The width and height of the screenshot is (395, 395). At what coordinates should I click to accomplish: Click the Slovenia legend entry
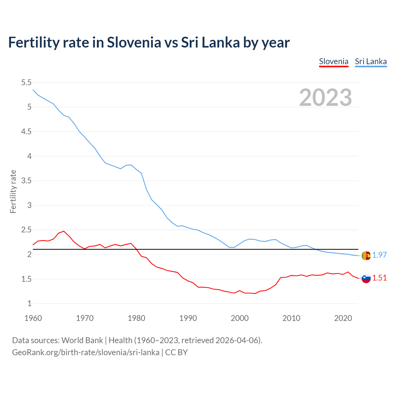[x=334, y=61]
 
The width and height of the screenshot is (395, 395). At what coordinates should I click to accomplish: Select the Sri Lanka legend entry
[x=371, y=61]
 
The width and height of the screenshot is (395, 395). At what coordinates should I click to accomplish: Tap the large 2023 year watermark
[x=326, y=98]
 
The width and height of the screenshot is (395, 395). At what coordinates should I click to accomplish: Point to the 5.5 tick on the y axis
[x=26, y=82]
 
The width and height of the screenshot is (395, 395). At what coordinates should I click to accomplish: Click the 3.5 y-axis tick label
[x=26, y=181]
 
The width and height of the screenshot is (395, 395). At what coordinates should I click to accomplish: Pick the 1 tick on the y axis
[x=29, y=303]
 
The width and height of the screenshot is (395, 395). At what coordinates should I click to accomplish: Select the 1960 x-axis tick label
[x=33, y=318]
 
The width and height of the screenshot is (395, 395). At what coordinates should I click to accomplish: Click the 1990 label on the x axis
[x=188, y=318]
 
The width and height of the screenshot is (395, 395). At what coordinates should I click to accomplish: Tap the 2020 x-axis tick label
[x=343, y=318]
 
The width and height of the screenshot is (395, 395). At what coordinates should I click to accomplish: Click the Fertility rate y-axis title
[x=13, y=191]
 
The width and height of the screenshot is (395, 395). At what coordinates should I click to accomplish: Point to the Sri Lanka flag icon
[x=366, y=256]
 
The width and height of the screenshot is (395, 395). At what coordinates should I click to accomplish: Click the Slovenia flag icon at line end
[x=366, y=278]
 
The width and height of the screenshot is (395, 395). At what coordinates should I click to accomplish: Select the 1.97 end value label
[x=379, y=255]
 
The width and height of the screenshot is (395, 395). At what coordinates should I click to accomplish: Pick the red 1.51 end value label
[x=379, y=278]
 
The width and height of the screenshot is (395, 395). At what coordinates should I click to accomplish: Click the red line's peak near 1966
[x=64, y=231]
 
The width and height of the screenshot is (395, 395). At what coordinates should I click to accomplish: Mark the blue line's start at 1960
[x=33, y=90]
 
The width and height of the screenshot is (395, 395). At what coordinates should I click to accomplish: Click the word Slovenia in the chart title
[x=134, y=42]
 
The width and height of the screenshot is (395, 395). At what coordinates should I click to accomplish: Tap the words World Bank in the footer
[x=82, y=340]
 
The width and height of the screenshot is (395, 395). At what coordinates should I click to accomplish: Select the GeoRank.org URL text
[x=85, y=352]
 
